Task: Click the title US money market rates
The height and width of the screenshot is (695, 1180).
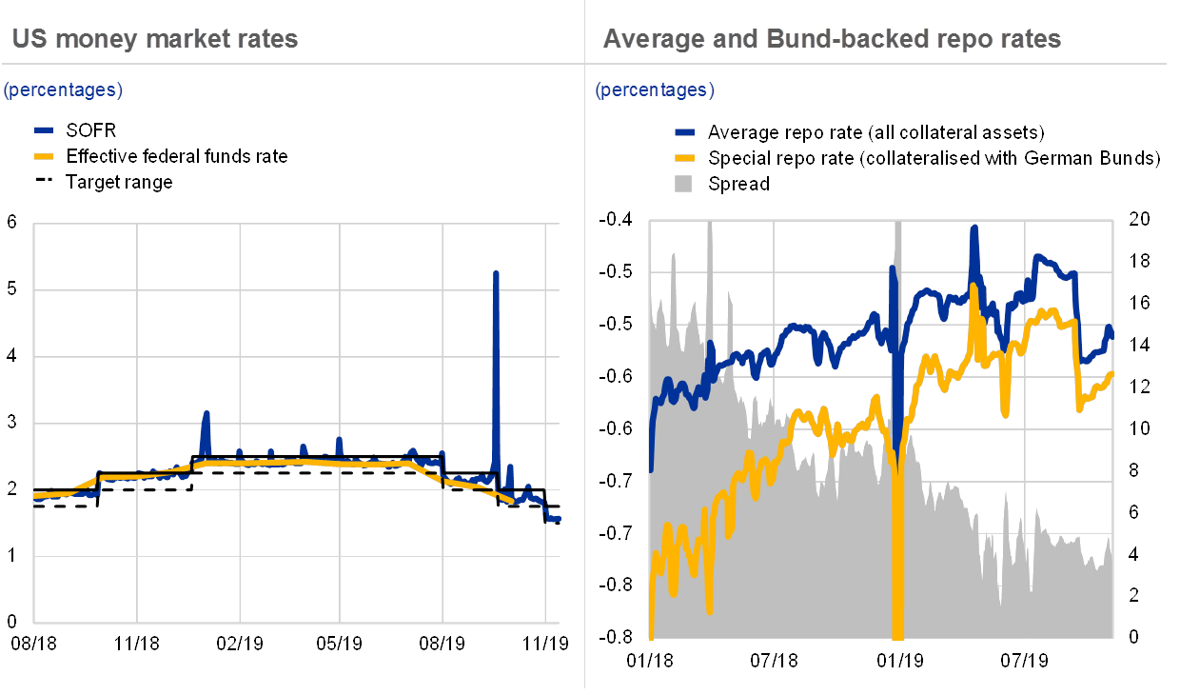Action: click(x=154, y=39)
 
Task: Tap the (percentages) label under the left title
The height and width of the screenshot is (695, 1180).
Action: click(x=63, y=90)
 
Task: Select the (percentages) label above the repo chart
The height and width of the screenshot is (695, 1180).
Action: click(x=655, y=90)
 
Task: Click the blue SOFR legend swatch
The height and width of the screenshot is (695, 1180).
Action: click(x=44, y=130)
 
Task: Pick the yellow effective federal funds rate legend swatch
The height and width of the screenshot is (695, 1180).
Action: click(x=44, y=156)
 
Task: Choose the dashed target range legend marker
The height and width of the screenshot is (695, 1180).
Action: click(x=44, y=182)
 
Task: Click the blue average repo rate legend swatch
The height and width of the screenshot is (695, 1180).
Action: click(x=684, y=131)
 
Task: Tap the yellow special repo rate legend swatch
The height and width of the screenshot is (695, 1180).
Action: click(x=684, y=157)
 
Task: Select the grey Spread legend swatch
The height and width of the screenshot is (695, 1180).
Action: click(x=684, y=183)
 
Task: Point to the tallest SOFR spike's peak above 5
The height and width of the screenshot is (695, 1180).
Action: click(x=496, y=273)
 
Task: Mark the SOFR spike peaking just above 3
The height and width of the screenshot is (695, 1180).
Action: click(x=206, y=413)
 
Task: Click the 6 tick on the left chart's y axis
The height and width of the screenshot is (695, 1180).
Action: click(x=12, y=223)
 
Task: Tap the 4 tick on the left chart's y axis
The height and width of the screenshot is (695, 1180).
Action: click(x=12, y=355)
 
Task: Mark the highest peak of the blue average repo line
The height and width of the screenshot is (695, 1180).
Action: click(x=973, y=228)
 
